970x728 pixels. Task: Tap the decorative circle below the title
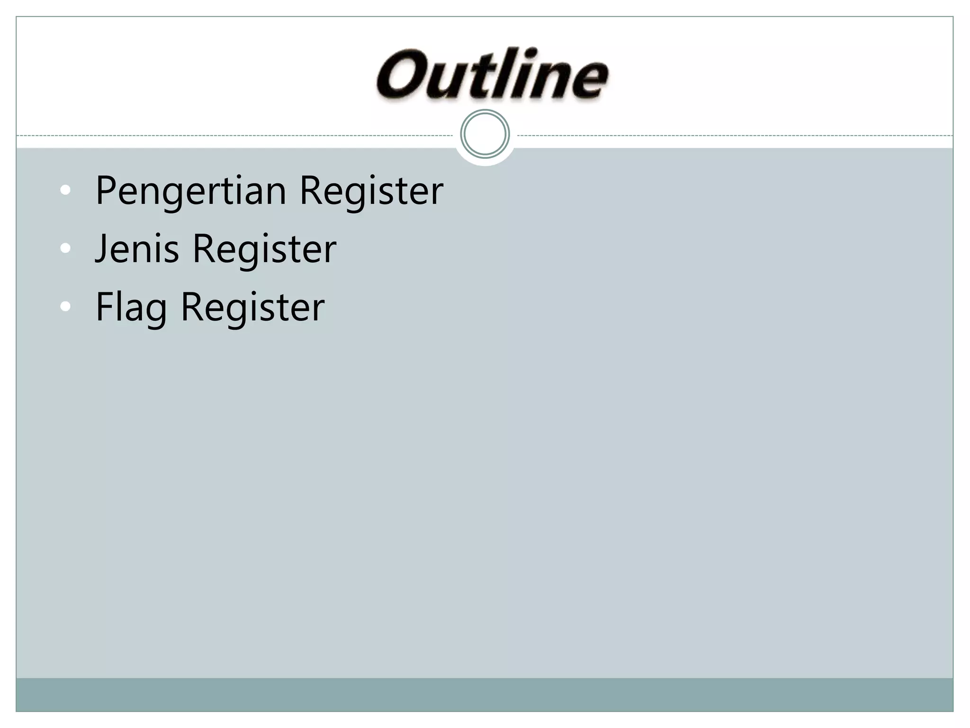(x=485, y=134)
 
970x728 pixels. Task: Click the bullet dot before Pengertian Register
(x=66, y=191)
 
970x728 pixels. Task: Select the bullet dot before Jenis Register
(x=66, y=248)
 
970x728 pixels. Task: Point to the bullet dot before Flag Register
(x=66, y=307)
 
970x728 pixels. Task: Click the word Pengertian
(x=191, y=191)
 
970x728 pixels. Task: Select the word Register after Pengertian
(x=371, y=191)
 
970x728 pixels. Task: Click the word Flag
(x=131, y=307)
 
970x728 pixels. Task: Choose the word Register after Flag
(x=252, y=307)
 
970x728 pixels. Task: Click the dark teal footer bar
(x=485, y=694)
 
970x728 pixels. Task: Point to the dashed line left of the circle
(x=237, y=136)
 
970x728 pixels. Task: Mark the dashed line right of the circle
(x=734, y=136)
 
